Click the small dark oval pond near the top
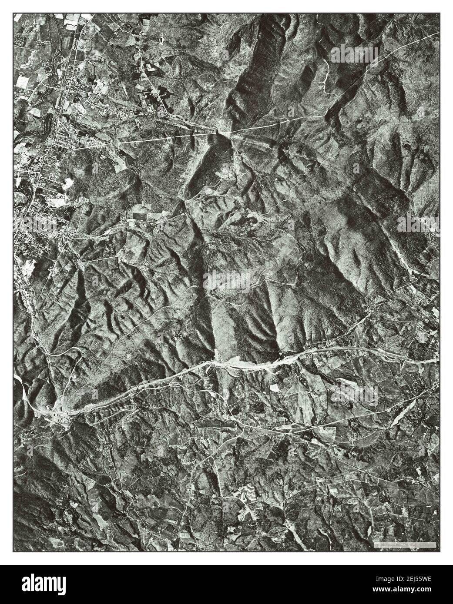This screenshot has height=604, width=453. pyautogui.click(x=163, y=40)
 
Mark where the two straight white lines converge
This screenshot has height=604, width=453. pyautogui.click(x=224, y=130)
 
